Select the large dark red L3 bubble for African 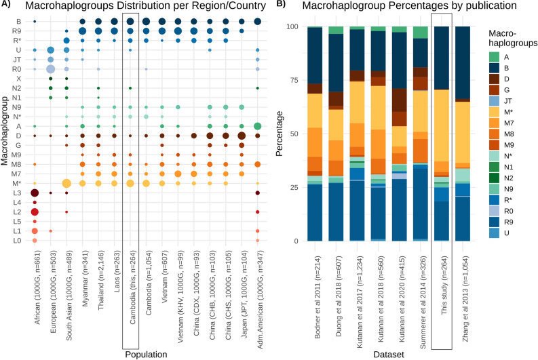point(35,193)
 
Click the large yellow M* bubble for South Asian point(66,183)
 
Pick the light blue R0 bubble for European point(50,69)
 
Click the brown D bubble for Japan point(242,136)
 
